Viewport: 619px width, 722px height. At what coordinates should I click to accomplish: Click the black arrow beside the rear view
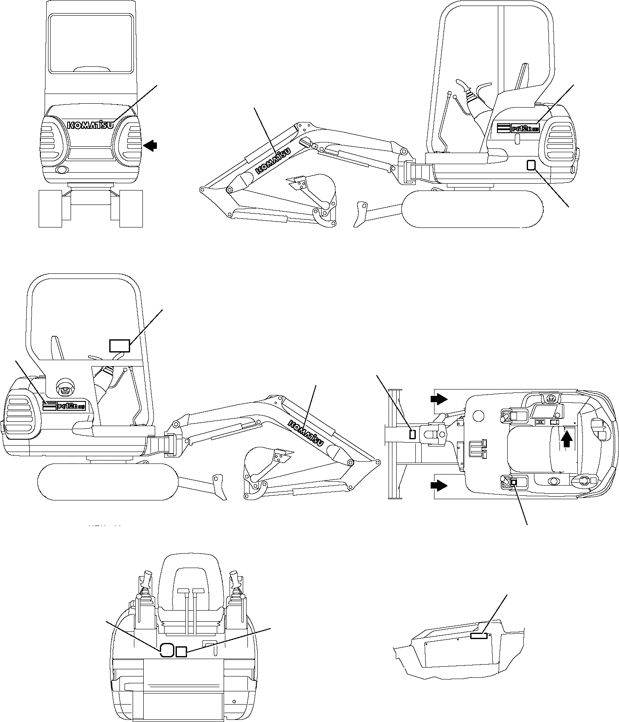(x=150, y=146)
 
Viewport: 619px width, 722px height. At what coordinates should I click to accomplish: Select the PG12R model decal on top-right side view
(x=518, y=128)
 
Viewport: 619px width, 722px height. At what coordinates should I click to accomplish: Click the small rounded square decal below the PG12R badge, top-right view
(x=531, y=165)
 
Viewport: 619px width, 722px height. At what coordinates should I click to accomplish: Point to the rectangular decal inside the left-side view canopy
(x=119, y=346)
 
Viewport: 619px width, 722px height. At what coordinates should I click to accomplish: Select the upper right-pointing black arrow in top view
(x=439, y=399)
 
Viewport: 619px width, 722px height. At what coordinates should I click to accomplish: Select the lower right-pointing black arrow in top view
(x=439, y=485)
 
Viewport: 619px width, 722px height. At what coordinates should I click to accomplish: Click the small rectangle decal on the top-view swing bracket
(x=412, y=434)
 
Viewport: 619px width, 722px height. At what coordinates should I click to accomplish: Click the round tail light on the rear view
(x=62, y=170)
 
